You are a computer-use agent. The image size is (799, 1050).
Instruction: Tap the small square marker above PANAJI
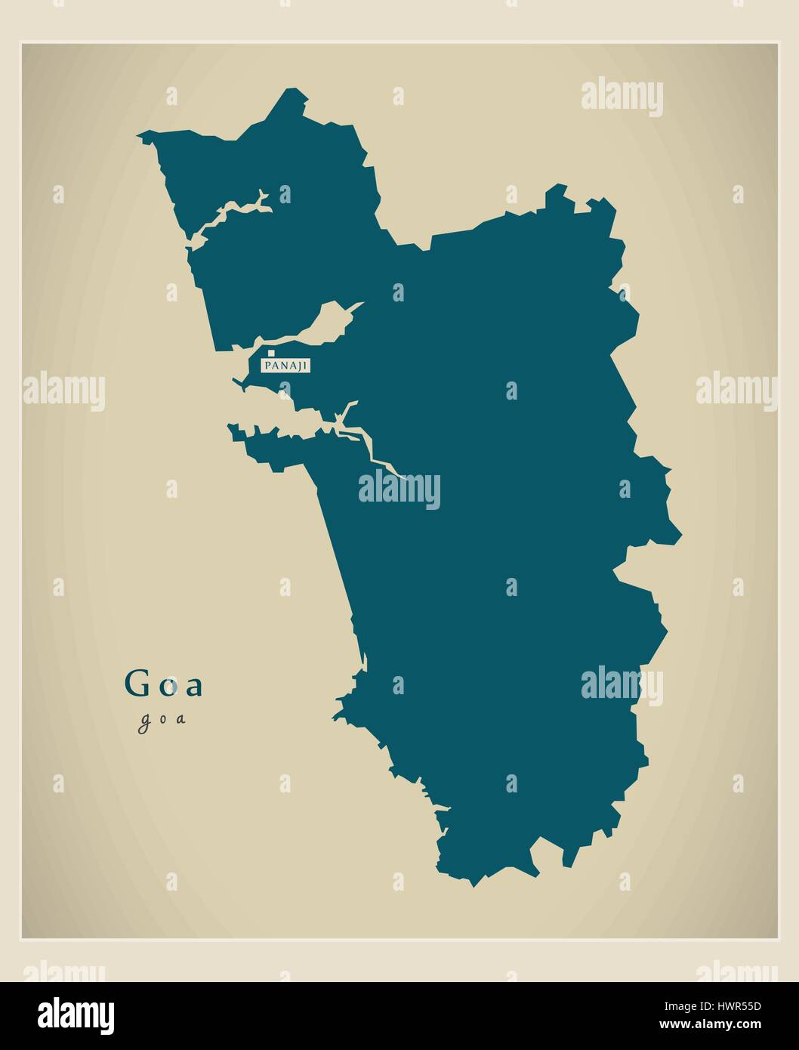271,353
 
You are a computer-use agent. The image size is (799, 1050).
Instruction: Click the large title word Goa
164,684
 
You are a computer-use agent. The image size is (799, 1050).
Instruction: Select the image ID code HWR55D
730,1006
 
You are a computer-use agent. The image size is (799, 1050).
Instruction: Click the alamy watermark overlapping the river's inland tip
399,489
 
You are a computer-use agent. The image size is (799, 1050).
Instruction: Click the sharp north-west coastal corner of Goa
141,137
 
